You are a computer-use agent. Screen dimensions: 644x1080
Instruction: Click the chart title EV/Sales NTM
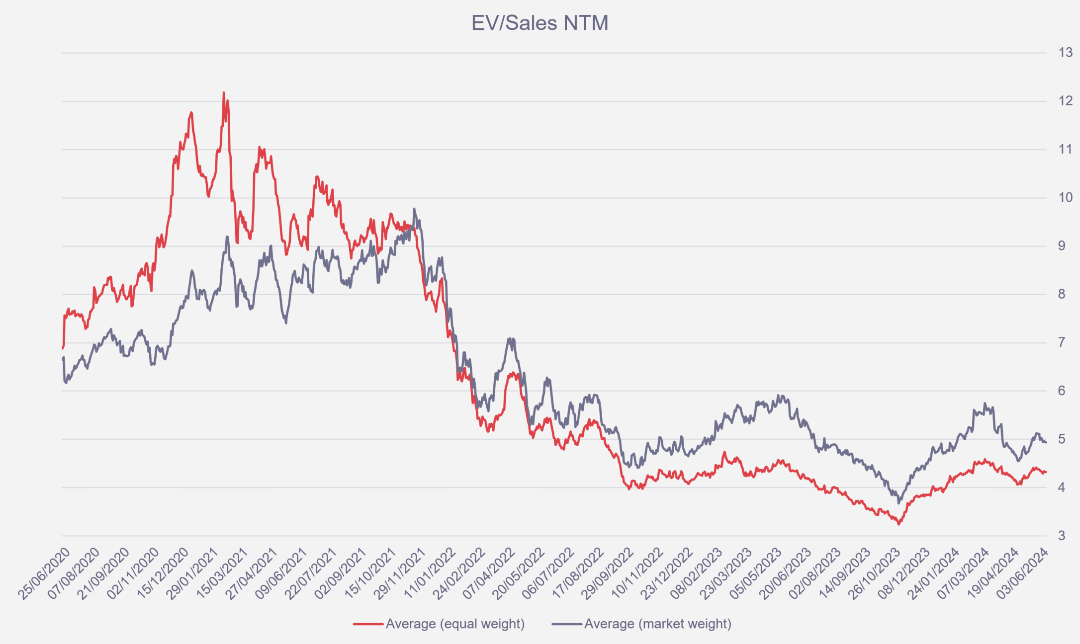(540, 23)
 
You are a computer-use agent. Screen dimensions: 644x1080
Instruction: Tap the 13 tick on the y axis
(1065, 53)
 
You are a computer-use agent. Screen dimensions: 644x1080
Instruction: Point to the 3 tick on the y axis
(1062, 536)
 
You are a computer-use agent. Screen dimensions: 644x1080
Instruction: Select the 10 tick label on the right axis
(1065, 198)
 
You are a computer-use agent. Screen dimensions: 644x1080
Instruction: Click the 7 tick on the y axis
(1062, 342)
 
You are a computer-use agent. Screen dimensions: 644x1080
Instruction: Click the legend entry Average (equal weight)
(455, 624)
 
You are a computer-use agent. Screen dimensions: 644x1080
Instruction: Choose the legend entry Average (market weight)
(657, 624)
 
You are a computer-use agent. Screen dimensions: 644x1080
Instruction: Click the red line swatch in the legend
(368, 624)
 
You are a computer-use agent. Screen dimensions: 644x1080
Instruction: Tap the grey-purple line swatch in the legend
(567, 624)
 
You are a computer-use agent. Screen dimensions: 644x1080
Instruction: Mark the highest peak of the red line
(224, 93)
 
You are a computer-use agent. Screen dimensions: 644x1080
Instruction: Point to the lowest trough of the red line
(899, 524)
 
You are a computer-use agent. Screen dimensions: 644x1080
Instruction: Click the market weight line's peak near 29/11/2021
(414, 209)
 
